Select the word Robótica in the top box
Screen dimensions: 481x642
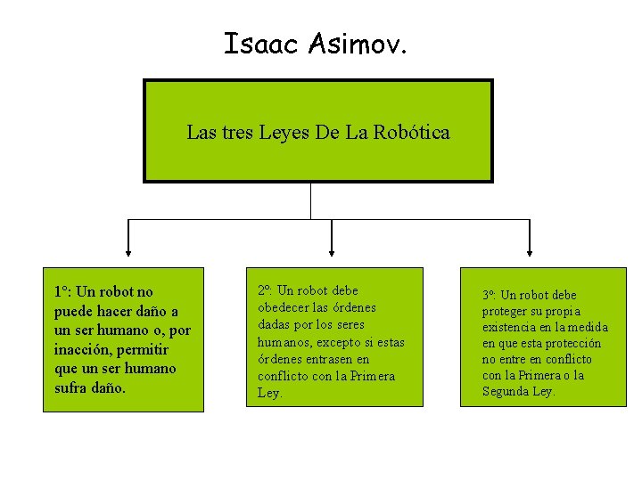412,133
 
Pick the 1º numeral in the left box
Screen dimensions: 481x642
62,291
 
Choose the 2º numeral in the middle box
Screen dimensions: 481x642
264,290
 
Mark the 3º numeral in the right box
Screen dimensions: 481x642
489,295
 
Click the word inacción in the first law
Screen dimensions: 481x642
85,349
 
